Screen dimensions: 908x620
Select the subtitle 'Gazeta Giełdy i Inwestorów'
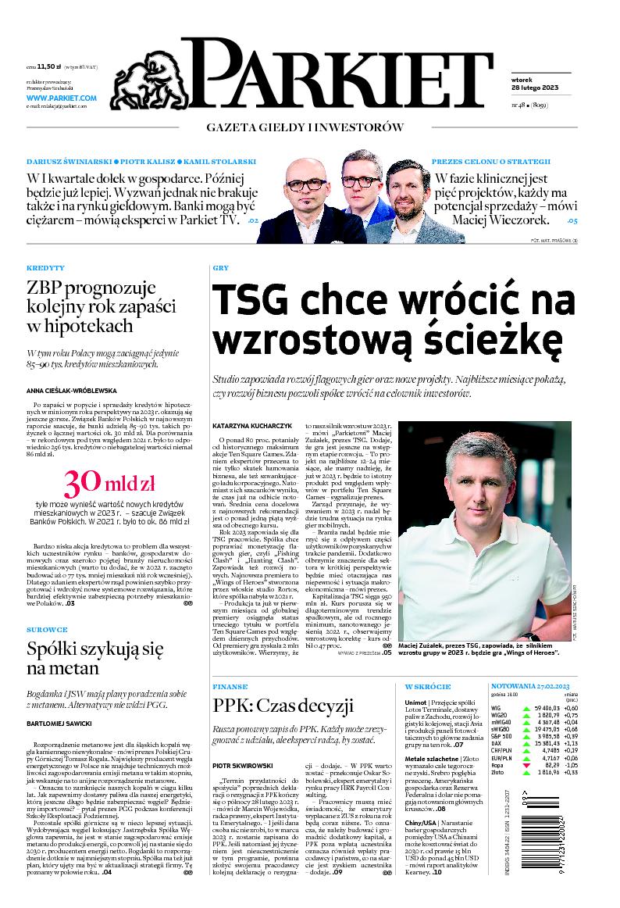305,127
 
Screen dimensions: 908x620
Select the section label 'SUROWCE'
47,629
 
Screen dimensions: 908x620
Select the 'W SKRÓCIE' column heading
428,686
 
